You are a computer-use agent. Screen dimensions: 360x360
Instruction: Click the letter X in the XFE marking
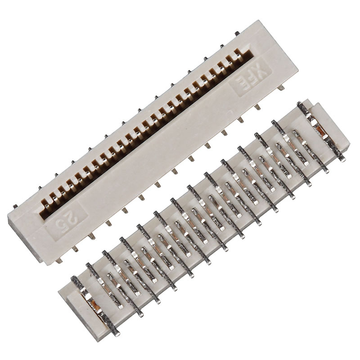(x=260, y=69)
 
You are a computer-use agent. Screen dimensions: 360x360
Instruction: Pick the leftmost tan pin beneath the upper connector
(x=58, y=260)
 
